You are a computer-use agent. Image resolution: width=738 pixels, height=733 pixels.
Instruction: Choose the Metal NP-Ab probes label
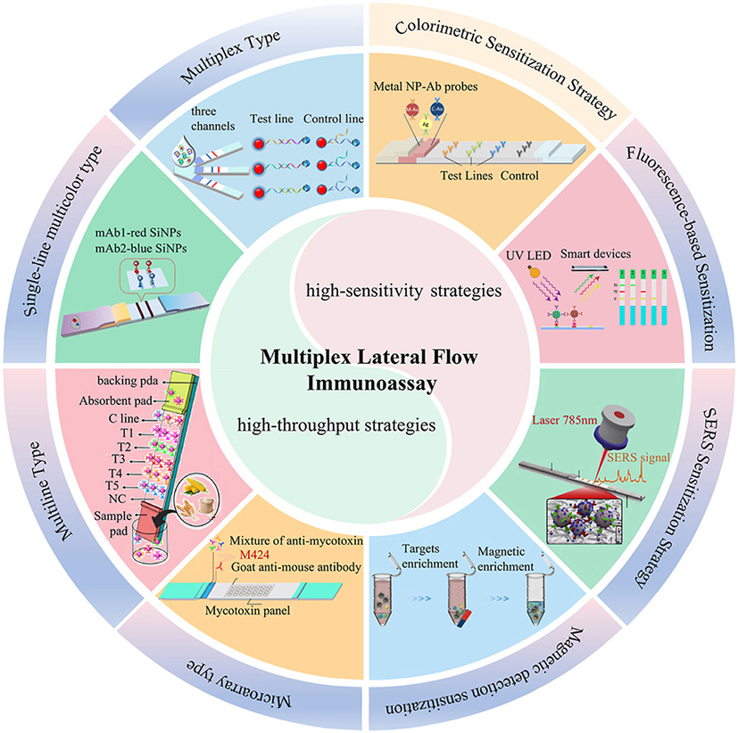click(423, 89)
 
